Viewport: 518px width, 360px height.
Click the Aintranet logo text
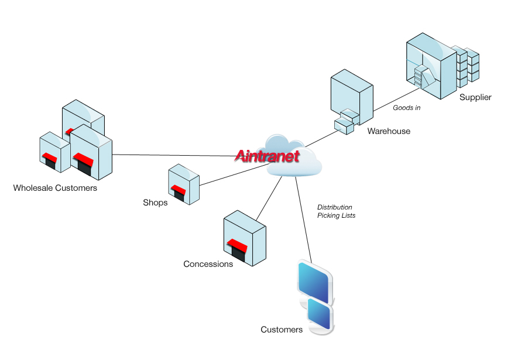[267, 156]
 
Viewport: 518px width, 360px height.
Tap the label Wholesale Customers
[55, 188]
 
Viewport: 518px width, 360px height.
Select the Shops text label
[155, 203]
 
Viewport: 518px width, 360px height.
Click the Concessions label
[208, 264]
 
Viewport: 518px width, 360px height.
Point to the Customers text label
[282, 330]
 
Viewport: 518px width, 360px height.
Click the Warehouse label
[389, 131]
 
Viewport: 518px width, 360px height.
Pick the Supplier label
[475, 97]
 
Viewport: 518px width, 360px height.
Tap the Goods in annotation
[406, 108]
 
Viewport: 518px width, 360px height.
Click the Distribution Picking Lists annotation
[336, 211]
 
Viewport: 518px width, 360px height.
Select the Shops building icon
[184, 184]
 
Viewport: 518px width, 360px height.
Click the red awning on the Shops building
[178, 190]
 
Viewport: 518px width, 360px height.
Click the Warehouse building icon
[351, 100]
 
